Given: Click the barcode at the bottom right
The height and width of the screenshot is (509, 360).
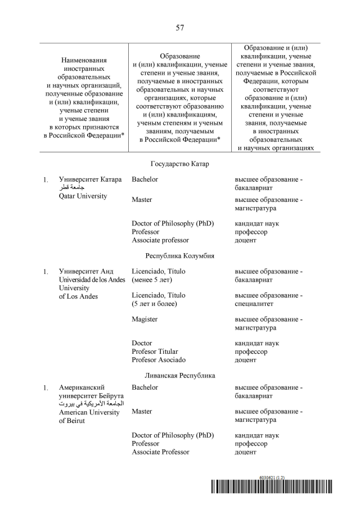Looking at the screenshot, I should [272, 487].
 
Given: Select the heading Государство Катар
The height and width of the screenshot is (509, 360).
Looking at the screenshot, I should [180, 164].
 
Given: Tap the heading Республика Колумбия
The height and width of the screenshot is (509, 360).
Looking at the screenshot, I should [180, 255].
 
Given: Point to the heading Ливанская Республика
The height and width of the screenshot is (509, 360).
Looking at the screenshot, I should [180, 375].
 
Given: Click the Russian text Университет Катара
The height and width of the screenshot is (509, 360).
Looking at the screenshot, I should [90, 179].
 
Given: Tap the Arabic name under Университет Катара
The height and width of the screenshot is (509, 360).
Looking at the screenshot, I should [71, 188].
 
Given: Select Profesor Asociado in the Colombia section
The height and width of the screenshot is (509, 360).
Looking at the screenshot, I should [159, 360].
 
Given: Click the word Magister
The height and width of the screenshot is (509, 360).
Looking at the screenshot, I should [145, 319].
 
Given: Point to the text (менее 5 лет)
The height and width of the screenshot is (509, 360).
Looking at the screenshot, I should [152, 280].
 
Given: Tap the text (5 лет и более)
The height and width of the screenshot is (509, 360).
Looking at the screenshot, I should [155, 304].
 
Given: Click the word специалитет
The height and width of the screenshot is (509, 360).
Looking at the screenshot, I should [254, 304].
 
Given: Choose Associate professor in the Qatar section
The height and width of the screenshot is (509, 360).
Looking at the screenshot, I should [160, 240].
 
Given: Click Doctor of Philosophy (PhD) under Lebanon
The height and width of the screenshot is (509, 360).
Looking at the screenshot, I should [173, 435].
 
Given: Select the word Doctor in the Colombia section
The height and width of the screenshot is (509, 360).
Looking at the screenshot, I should [142, 343].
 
